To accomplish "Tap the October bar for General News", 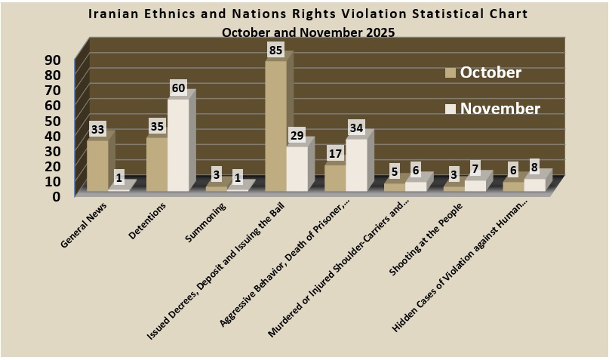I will click(97, 165).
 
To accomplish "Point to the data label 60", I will click(177, 88).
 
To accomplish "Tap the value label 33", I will click(97, 130).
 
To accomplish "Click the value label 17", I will click(336, 153).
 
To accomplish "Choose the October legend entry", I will click(484, 72).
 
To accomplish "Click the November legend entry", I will click(494, 109).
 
